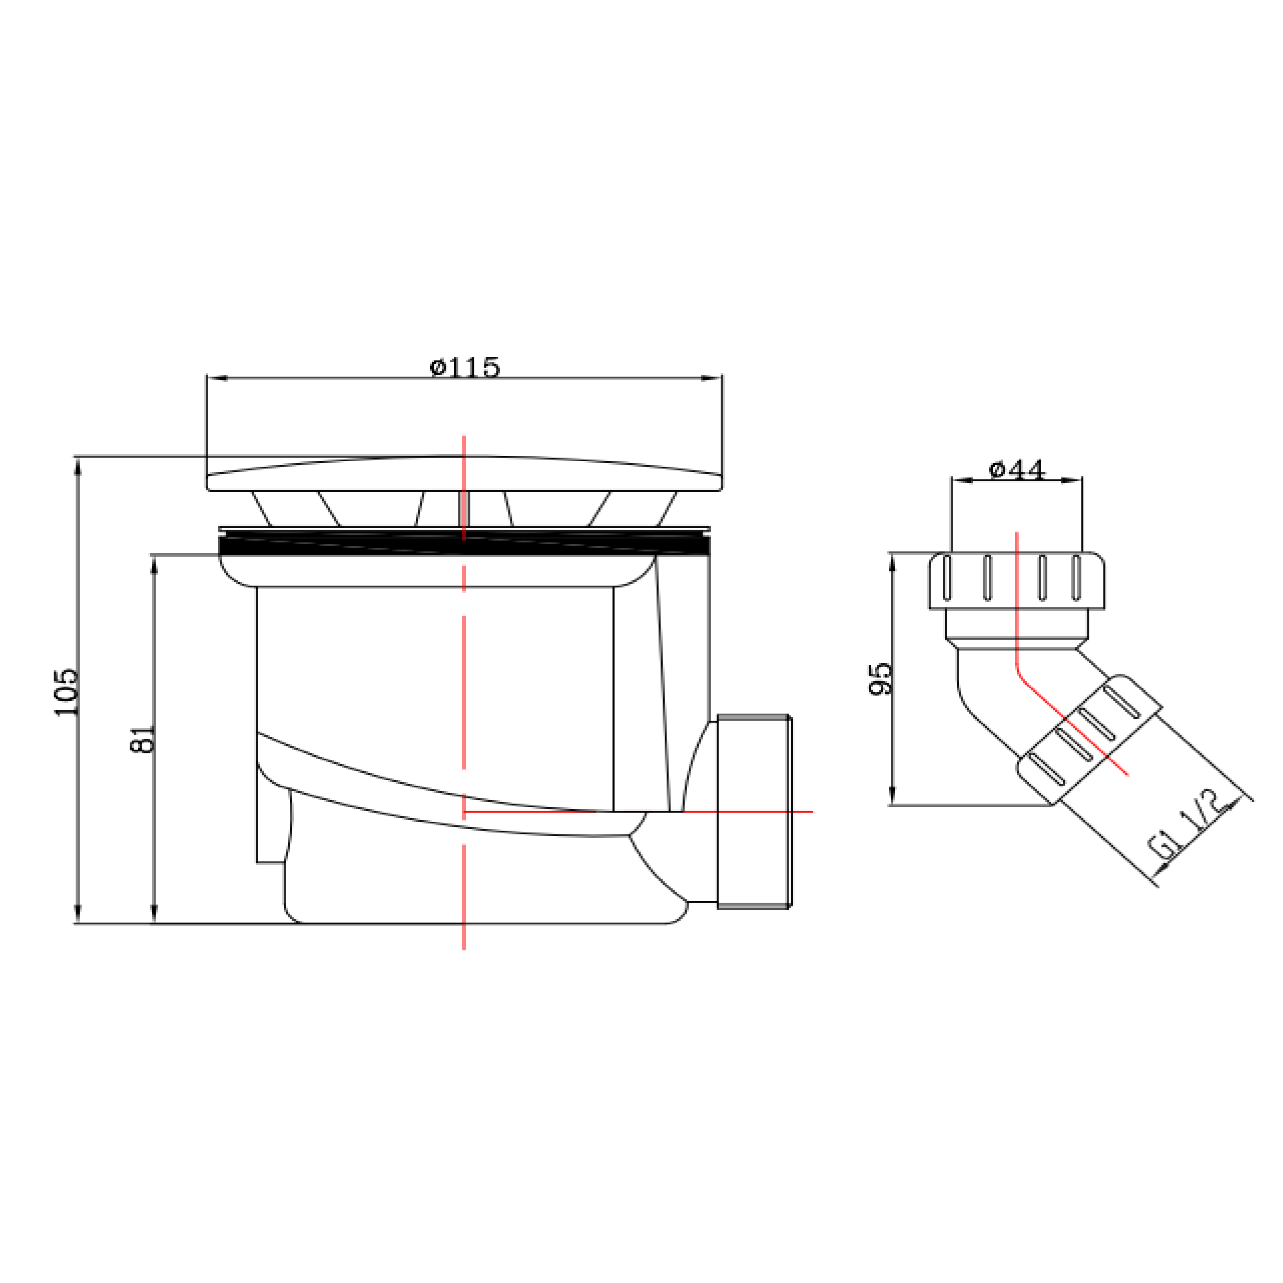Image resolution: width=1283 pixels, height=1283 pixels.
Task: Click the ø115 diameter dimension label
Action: [465, 366]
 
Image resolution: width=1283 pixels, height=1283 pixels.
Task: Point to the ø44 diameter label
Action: [1017, 470]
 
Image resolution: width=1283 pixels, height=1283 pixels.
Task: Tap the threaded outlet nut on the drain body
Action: [755, 811]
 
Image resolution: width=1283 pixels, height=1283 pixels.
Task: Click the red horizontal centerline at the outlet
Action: [637, 811]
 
